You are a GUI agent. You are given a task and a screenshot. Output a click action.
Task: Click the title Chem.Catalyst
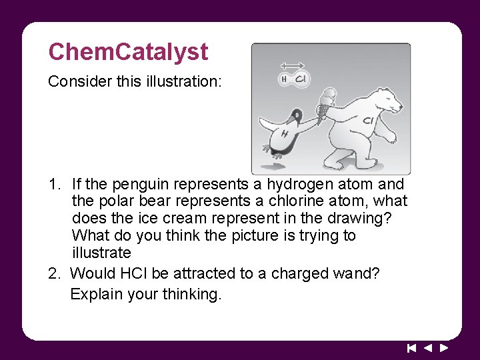pyautogui.click(x=128, y=52)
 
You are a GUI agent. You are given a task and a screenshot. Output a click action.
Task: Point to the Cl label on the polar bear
pyautogui.click(x=367, y=121)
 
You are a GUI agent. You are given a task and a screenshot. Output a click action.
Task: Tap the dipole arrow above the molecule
pyautogui.click(x=292, y=65)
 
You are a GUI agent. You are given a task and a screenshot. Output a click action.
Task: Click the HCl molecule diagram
pyautogui.click(x=293, y=79)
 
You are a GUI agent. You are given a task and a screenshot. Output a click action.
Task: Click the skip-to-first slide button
pyautogui.click(x=411, y=348)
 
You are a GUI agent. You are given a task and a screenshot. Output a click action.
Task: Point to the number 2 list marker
pyautogui.click(x=53, y=273)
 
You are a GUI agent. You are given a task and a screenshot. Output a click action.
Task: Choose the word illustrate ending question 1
pyautogui.click(x=101, y=253)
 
